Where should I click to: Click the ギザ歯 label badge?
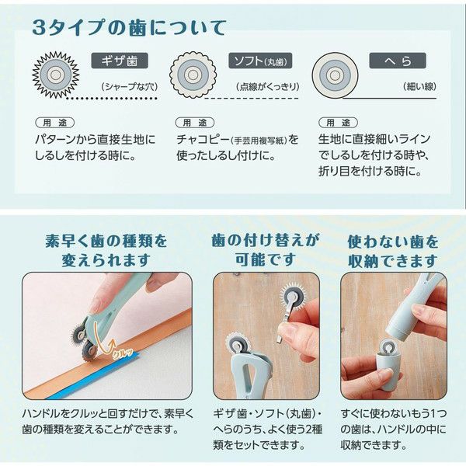(120, 61)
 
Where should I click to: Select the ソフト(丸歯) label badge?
(260, 61)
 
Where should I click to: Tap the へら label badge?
(398, 61)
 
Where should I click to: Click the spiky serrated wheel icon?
(56, 75)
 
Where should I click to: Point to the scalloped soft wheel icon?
(193, 75)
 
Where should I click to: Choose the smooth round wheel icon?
(335, 75)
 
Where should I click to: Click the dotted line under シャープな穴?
(111, 98)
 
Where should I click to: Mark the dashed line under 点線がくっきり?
(252, 98)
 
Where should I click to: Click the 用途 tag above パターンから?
(55, 123)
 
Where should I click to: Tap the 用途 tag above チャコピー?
(195, 123)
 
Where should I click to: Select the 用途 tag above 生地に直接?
(338, 123)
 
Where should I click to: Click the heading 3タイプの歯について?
(129, 28)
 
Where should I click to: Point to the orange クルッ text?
(122, 353)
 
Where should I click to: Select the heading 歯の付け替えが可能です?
(266, 250)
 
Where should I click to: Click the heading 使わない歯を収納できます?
(393, 251)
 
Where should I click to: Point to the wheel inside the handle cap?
(390, 346)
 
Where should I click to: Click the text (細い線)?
(420, 86)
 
